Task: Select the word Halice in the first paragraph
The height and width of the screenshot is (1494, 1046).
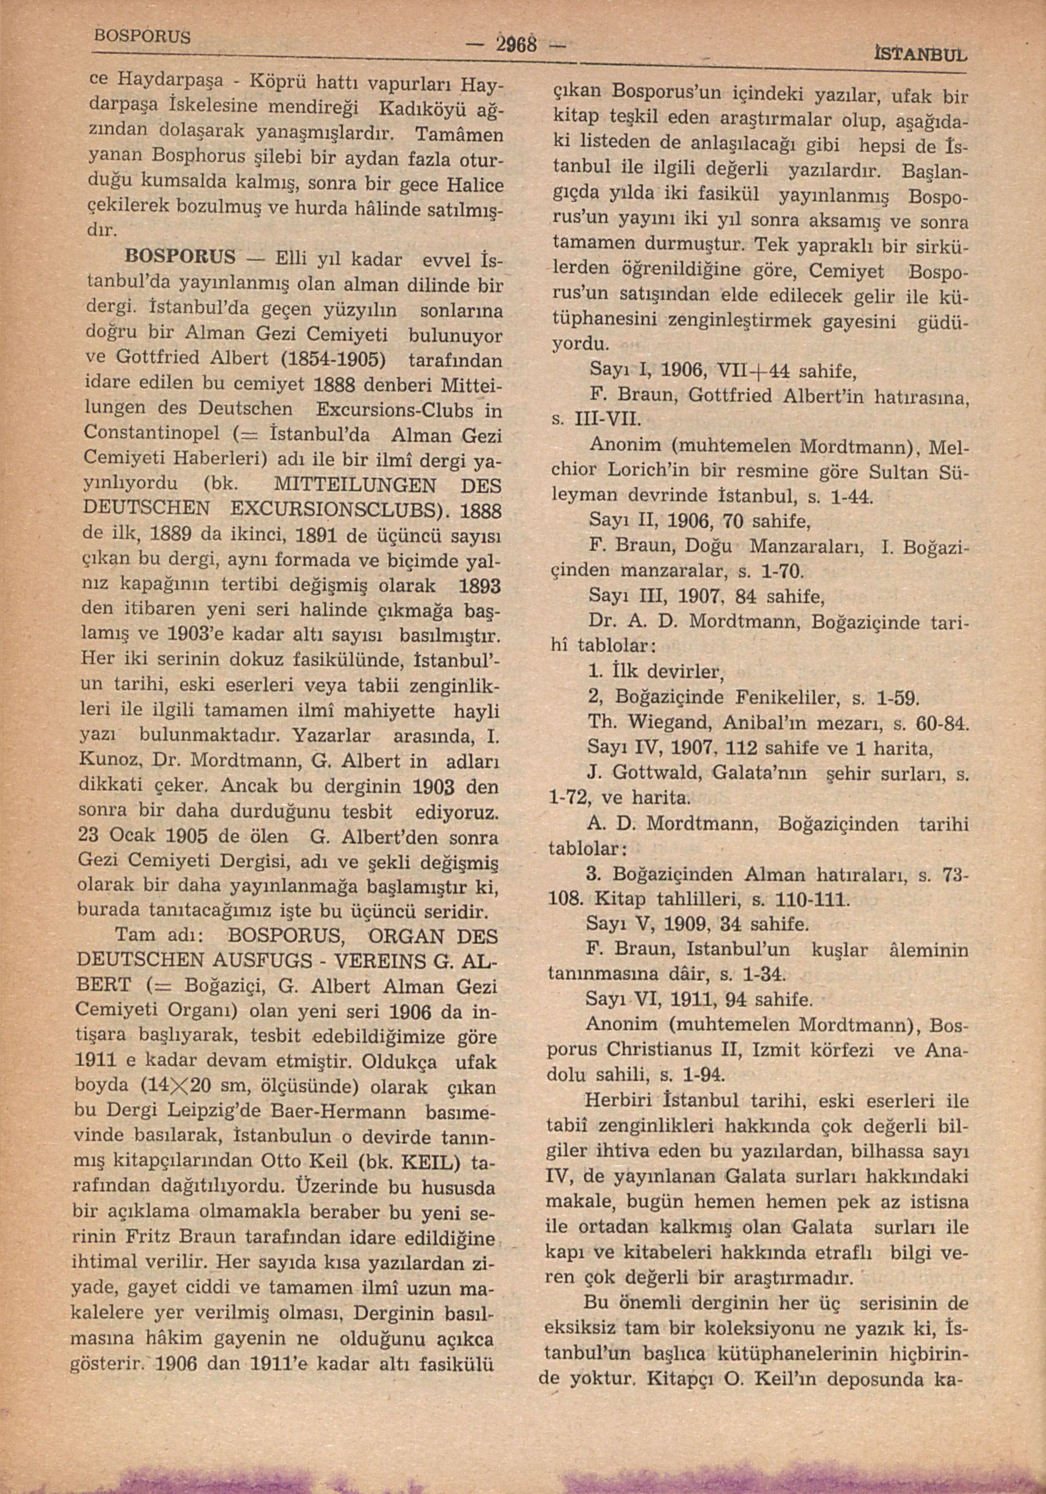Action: click(x=477, y=185)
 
